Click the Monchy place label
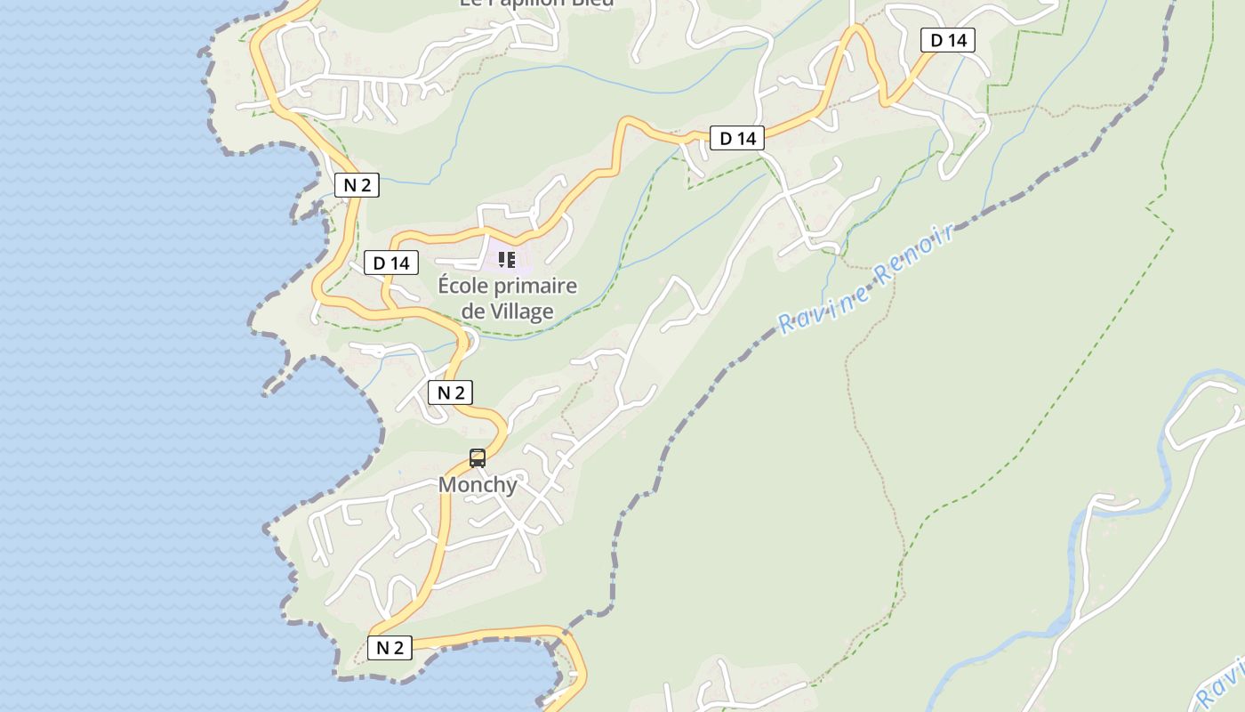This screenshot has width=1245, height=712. [478, 485]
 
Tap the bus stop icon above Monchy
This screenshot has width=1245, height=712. [478, 458]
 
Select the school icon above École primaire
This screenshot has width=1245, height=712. [507, 260]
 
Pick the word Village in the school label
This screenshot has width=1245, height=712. [522, 311]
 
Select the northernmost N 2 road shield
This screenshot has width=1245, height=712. [357, 185]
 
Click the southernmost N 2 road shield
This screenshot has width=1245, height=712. [390, 648]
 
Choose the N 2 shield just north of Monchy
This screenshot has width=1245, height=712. [450, 392]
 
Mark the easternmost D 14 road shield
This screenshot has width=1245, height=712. [947, 40]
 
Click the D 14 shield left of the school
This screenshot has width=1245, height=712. [391, 263]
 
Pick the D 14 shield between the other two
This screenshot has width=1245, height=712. [737, 138]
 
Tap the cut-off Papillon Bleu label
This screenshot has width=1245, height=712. [536, 4]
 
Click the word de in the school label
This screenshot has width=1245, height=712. [473, 311]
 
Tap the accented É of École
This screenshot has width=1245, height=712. [445, 286]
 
